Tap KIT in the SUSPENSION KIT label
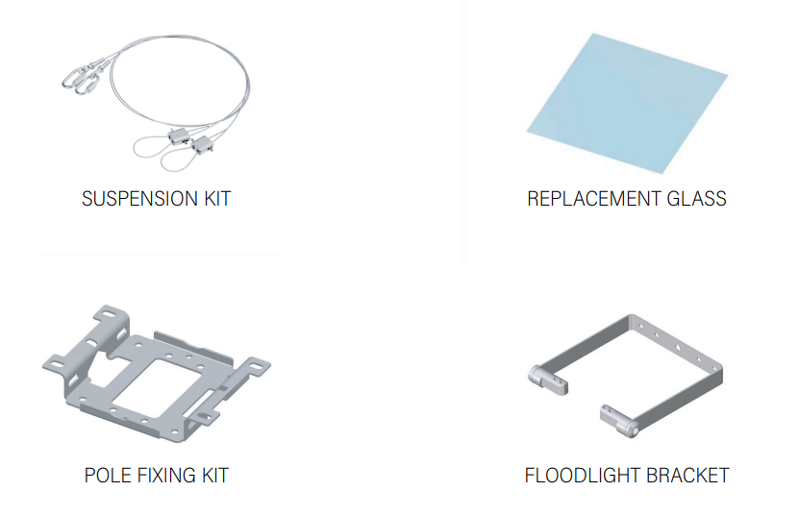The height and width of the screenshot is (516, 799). (x=217, y=199)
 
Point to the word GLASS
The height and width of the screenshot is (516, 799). (x=696, y=199)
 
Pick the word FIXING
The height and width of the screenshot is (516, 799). (x=166, y=476)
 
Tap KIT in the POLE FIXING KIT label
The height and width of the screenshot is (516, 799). (x=215, y=476)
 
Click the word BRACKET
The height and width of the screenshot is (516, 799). (x=681, y=476)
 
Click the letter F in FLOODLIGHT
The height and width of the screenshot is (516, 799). (x=530, y=476)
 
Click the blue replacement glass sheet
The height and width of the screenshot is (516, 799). (x=627, y=103)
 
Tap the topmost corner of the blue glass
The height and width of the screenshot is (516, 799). (x=592, y=34)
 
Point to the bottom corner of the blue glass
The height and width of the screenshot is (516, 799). (x=662, y=174)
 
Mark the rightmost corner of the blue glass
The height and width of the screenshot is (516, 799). (x=728, y=75)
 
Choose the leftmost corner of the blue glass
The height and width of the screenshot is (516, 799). (x=527, y=131)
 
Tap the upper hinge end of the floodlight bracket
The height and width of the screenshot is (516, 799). (x=548, y=379)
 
